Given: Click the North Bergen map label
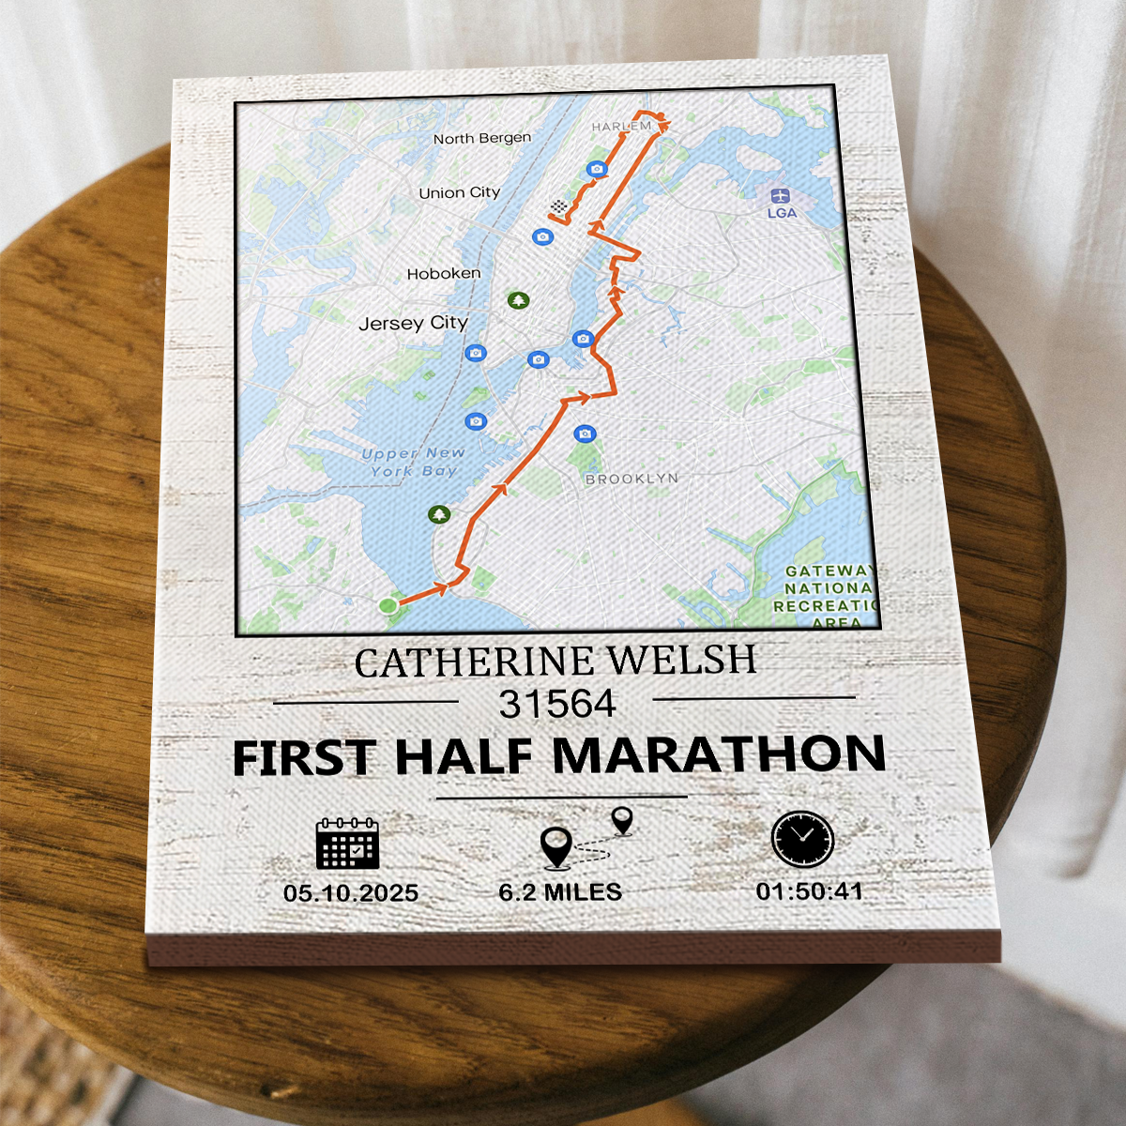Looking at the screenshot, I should pos(481,138).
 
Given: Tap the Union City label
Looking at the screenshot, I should pos(459,192).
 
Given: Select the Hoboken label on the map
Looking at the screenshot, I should pos(444,274).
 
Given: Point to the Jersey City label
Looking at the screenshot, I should pos(413,324).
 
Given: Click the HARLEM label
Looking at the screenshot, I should pos(620,126).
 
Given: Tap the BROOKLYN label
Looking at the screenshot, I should pos(631,479).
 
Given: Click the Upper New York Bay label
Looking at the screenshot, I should pos(414,462).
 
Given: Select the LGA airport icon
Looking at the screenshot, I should pos(780,196).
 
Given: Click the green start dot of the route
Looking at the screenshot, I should pos(388,606).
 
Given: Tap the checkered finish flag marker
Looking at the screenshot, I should pos(559,206).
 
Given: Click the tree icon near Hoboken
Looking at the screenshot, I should pos(518,300).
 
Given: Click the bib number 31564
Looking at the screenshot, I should pos(557,705).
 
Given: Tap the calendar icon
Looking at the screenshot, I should pos(347,842).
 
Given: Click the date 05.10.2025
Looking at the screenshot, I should pos(351,893).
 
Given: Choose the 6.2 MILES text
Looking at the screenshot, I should pos(560,891).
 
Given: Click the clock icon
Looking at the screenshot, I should pos(802,838).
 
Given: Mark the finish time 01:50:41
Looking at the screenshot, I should pos(809,890).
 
